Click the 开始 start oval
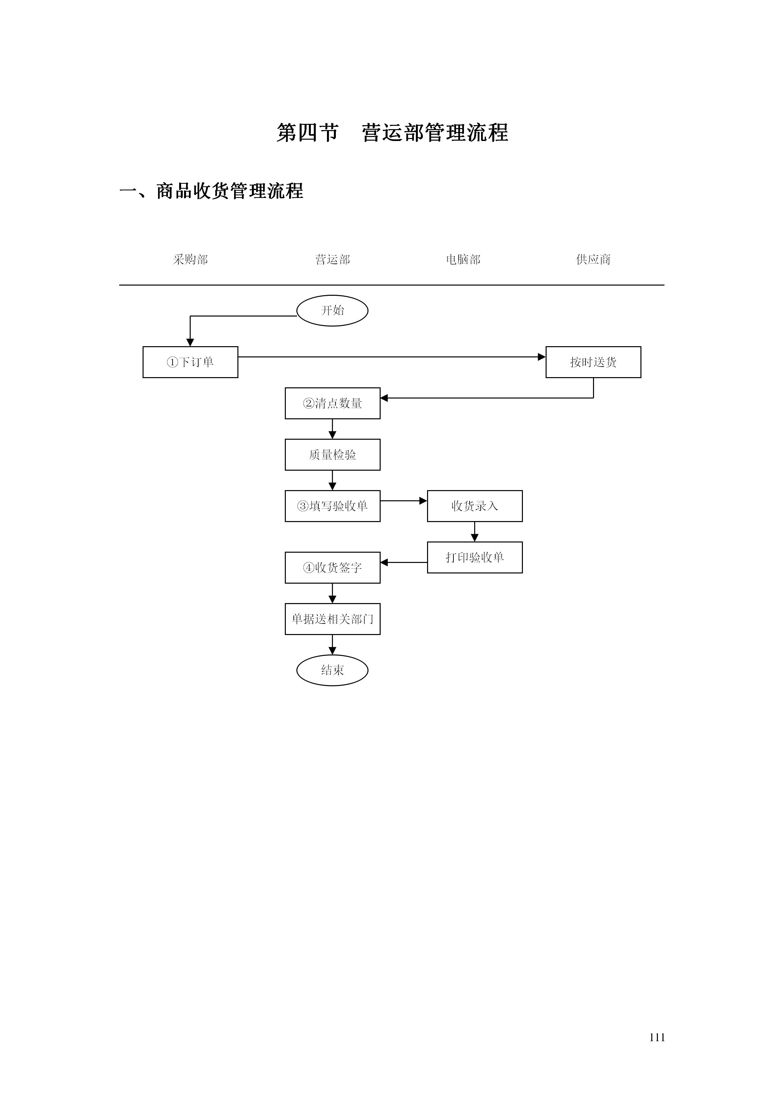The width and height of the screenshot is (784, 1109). (x=332, y=311)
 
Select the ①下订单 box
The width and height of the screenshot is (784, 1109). (x=190, y=362)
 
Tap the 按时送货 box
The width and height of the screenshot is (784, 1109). (x=593, y=362)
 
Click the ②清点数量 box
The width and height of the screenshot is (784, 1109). (x=332, y=403)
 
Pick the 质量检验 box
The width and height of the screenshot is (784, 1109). (x=332, y=455)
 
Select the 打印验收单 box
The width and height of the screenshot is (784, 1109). (x=474, y=557)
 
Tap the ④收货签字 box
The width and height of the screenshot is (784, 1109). (x=332, y=568)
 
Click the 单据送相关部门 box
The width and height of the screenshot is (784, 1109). (x=332, y=619)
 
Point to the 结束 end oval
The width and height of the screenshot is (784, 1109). (x=332, y=670)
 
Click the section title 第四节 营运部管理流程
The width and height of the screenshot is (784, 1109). (x=392, y=133)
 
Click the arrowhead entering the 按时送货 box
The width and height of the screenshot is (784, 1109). (x=542, y=357)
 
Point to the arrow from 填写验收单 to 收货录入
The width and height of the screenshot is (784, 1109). (x=404, y=501)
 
